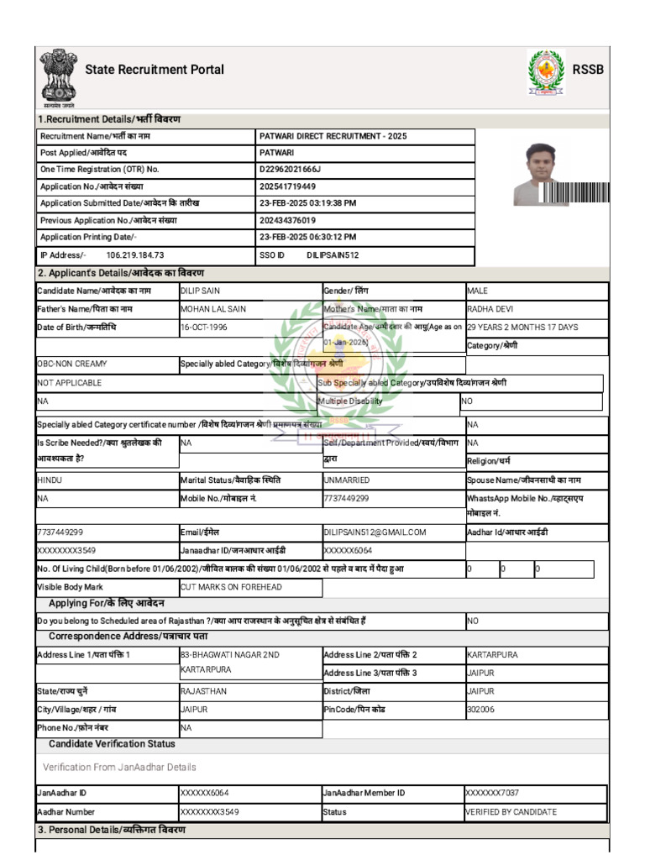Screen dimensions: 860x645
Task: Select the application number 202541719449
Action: click(288, 186)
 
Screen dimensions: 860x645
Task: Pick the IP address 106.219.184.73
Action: click(134, 254)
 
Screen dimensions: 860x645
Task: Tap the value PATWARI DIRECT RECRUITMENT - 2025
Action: click(333, 136)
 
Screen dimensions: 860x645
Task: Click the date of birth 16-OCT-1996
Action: click(204, 327)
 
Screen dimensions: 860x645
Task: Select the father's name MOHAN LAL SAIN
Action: click(213, 309)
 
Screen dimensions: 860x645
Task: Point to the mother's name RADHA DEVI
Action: click(490, 309)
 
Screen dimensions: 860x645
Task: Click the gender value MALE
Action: click(477, 291)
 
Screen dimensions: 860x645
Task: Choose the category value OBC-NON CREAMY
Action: click(72, 364)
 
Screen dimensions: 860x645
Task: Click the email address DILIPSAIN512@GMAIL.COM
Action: click(375, 532)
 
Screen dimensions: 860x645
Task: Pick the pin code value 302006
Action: click(480, 709)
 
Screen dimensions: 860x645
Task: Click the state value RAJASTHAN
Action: click(203, 691)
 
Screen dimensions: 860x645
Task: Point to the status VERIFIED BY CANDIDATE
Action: click(511, 812)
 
